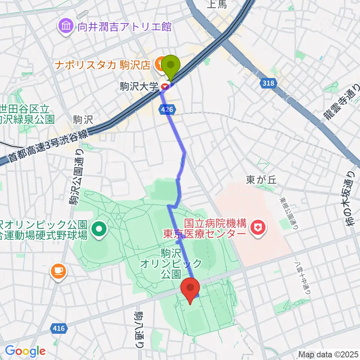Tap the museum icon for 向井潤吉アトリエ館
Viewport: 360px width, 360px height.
tap(66, 27)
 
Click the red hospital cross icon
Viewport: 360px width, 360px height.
tap(258, 227)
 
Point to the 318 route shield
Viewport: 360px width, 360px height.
tap(268, 83)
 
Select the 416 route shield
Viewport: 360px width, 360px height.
tap(58, 328)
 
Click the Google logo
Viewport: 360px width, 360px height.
tap(25, 351)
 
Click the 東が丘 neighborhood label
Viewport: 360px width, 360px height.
tap(261, 180)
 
